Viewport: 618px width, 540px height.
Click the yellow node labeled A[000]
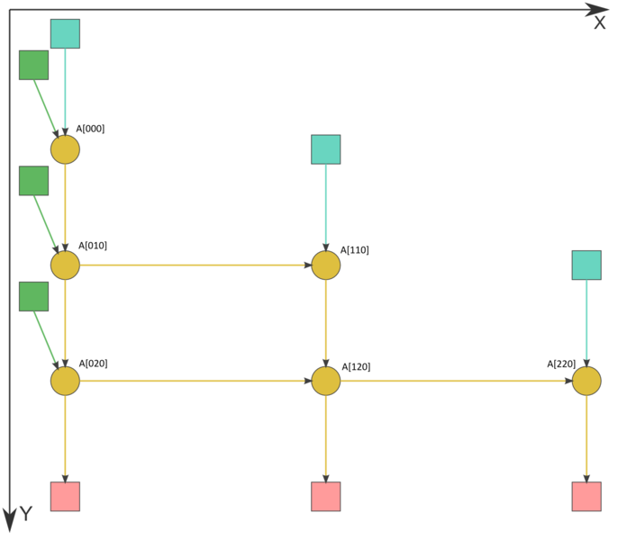coord(65,149)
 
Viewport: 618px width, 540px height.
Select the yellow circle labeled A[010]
coord(65,265)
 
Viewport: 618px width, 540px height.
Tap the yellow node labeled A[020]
coord(65,381)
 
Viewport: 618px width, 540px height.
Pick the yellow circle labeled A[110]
coord(326,265)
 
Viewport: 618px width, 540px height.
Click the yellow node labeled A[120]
coord(326,381)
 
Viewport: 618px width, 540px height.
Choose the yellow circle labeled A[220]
coord(586,381)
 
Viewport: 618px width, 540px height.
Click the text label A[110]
coord(355,250)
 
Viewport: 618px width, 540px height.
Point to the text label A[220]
coord(561,364)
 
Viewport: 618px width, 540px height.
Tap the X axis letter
coord(599,23)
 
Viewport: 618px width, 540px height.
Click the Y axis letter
coord(26,514)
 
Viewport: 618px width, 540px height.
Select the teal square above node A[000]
coord(65,34)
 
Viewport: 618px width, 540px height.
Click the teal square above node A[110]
coord(326,149)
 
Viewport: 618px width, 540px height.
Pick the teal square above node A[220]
coord(586,265)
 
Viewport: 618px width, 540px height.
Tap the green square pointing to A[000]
coord(34,65)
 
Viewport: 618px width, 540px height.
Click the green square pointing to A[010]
coord(34,181)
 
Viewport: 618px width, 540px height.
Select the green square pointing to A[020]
coord(34,297)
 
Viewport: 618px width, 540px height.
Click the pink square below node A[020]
coord(65,497)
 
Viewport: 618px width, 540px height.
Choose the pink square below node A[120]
coord(326,497)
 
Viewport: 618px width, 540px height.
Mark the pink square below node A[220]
coord(586,497)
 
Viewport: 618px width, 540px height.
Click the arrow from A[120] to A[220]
coord(457,381)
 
